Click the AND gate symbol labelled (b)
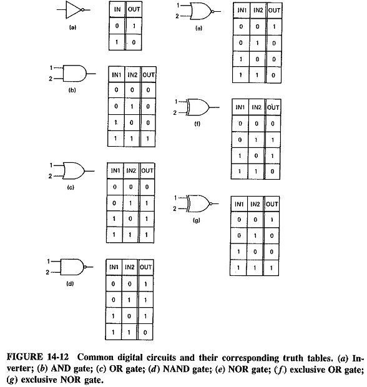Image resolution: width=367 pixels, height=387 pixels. [75, 73]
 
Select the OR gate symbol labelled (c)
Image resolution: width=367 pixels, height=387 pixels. [74, 171]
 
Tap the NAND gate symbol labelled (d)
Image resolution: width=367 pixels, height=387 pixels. [72, 267]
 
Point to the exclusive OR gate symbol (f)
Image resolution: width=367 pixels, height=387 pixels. [198, 107]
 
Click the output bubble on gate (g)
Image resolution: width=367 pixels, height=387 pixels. [210, 204]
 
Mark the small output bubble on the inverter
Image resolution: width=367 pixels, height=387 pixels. [82, 10]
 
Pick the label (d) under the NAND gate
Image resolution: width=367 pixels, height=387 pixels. [70, 284]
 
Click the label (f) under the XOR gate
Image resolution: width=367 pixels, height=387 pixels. [197, 124]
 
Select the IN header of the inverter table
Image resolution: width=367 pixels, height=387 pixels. [117, 9]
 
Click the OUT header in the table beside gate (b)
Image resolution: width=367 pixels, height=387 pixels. [149, 75]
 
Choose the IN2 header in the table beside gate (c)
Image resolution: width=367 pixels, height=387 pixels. [131, 170]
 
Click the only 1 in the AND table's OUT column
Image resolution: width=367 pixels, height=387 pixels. [147, 139]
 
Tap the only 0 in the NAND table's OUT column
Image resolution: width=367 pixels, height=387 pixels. [145, 333]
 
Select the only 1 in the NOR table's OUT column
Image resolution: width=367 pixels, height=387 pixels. [274, 27]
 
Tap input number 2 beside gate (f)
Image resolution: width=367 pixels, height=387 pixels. [175, 113]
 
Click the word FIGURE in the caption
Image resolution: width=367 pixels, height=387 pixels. [25, 357]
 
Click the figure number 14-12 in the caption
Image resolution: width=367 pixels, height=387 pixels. [57, 357]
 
